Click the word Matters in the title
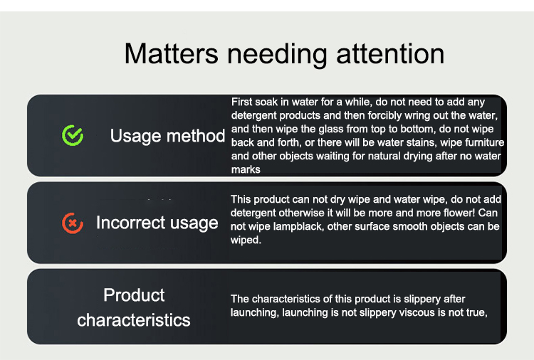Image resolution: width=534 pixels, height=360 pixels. (171, 53)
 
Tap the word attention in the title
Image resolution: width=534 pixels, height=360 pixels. (390, 53)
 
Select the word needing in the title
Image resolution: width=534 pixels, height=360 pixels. (277, 55)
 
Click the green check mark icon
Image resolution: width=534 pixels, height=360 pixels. (73, 135)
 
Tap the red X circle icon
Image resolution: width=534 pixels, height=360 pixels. (73, 223)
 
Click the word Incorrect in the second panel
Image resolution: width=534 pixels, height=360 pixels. (130, 223)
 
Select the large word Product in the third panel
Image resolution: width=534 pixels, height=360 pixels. (134, 295)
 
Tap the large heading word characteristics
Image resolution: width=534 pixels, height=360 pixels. (134, 320)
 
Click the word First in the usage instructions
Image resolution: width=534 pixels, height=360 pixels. (242, 102)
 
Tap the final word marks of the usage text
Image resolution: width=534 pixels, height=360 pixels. (246, 169)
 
